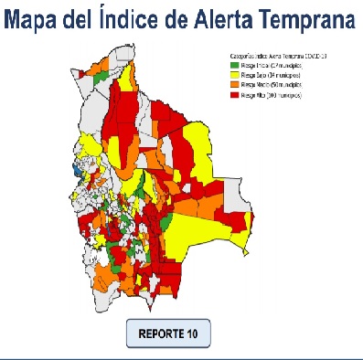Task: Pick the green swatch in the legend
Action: point(234,65)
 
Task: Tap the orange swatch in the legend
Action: point(234,84)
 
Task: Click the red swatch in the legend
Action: point(234,94)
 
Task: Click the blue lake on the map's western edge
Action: point(75,170)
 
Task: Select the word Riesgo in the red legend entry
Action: point(250,94)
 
